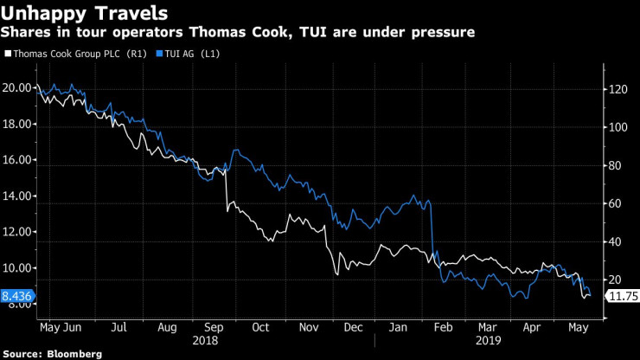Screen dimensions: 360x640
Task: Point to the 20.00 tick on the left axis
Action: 19,88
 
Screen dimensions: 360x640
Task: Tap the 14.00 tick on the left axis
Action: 19,196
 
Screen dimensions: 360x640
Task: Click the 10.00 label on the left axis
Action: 19,268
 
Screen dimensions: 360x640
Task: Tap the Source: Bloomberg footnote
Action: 53,354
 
